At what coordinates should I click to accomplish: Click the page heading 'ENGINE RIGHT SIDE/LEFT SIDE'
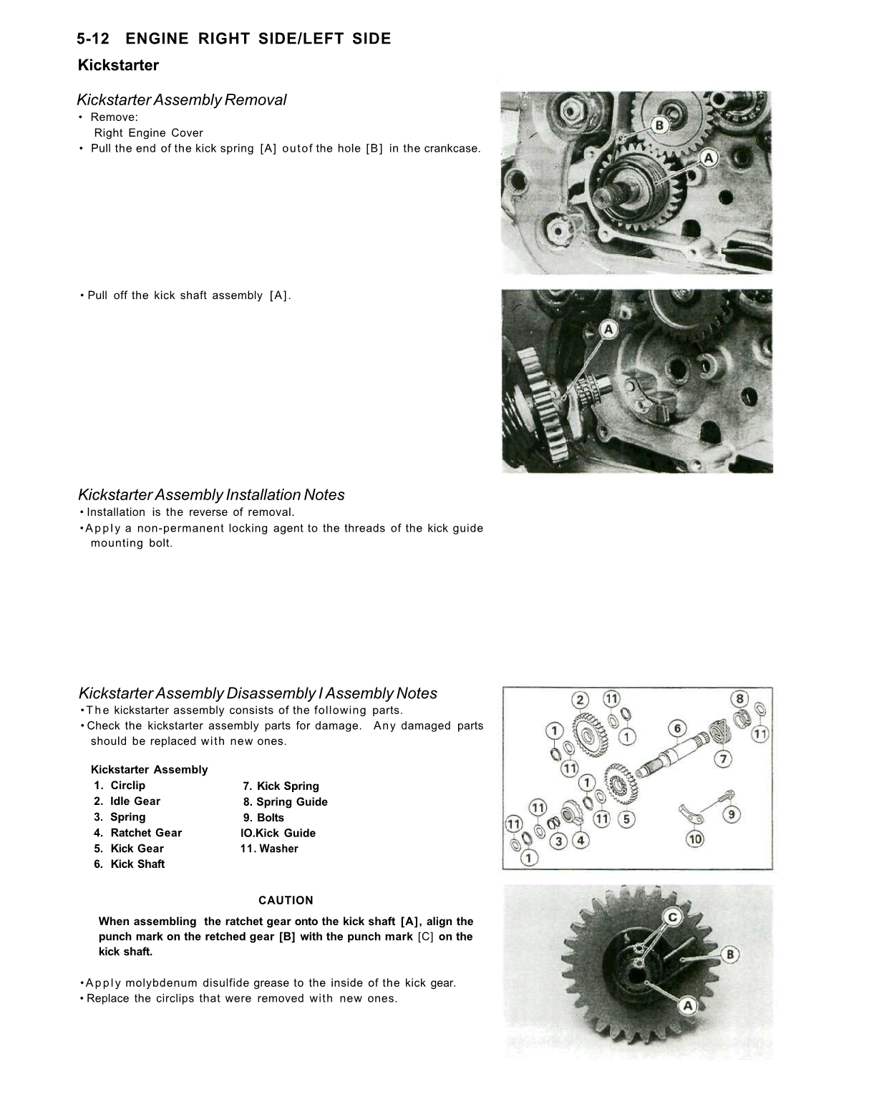point(263,39)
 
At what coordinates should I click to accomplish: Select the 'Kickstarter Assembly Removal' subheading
point(182,100)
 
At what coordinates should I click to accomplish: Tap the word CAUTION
point(286,900)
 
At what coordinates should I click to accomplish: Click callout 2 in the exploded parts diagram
point(579,699)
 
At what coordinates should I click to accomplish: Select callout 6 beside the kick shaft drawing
point(677,728)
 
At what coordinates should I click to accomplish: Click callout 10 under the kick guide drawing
point(694,839)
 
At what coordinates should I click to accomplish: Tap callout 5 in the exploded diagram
point(626,819)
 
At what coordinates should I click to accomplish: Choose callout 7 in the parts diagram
point(724,758)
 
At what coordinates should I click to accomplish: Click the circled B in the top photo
point(660,126)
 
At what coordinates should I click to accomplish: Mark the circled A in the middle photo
point(608,329)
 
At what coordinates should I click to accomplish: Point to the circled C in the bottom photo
point(673,917)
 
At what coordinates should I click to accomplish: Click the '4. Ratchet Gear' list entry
point(138,833)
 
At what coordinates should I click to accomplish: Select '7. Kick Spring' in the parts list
point(281,786)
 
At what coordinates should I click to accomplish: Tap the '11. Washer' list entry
point(269,849)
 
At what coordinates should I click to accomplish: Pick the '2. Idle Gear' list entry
point(127,801)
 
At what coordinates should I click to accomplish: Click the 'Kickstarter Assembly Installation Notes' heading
point(211,495)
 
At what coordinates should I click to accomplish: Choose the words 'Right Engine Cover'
point(149,133)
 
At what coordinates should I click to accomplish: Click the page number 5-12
point(97,39)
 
